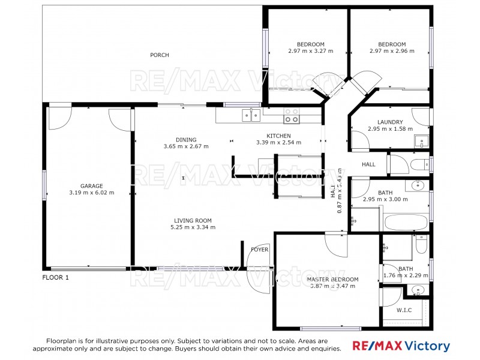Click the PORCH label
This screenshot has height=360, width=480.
click(x=160, y=55)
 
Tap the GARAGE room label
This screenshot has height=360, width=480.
click(x=92, y=186)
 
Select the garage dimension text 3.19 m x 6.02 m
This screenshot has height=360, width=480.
click(x=92, y=193)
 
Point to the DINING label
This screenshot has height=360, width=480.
click(x=186, y=140)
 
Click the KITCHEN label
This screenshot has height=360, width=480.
click(x=279, y=136)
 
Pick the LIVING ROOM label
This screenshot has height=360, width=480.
click(x=193, y=221)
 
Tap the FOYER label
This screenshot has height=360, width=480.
click(x=259, y=250)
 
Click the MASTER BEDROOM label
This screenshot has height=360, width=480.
click(x=332, y=280)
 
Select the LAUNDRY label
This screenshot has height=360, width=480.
click(x=390, y=122)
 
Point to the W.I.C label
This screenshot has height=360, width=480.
click(x=403, y=311)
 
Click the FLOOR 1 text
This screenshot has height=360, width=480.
click(x=55, y=278)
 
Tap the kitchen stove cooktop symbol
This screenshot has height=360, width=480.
click(x=292, y=115)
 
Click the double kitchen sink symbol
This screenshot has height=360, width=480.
click(x=250, y=114)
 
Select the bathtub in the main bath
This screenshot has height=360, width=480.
click(x=405, y=222)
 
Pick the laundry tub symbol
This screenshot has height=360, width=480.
click(x=421, y=142)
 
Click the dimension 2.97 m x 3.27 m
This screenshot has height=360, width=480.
click(x=311, y=51)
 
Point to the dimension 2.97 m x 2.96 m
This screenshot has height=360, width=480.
click(x=392, y=51)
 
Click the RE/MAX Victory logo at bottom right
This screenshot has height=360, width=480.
click(x=400, y=346)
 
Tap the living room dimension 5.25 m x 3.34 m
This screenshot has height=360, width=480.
click(x=193, y=227)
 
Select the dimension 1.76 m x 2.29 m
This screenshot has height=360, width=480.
click(x=406, y=276)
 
